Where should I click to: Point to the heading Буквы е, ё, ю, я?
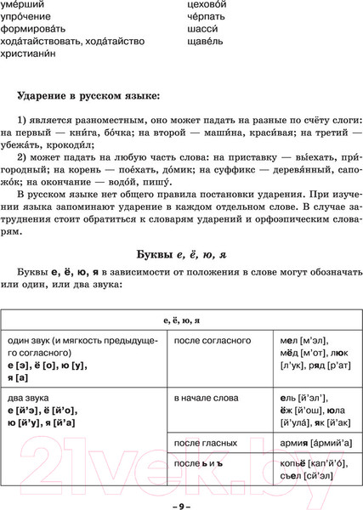(x=180, y=254)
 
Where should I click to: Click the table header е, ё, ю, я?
(x=180, y=320)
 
